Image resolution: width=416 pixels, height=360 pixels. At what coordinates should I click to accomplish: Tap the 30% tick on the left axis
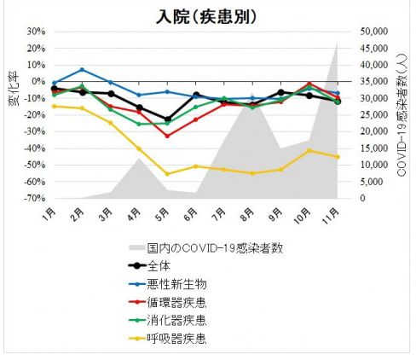point(35,32)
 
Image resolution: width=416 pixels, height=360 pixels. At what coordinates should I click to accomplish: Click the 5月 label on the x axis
point(163,212)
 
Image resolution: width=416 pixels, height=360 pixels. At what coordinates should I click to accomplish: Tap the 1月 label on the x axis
point(50,212)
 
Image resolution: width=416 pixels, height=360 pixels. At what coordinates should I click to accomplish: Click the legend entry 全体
point(159,265)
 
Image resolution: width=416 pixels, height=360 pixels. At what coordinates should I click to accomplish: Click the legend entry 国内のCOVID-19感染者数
point(214,247)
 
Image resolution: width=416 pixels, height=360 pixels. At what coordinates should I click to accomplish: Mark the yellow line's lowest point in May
point(167,174)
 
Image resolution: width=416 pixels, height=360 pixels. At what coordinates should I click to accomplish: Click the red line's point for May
point(167,136)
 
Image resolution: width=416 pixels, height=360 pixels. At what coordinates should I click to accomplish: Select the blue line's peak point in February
point(82,70)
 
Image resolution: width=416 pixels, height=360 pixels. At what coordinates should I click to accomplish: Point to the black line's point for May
point(167,119)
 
